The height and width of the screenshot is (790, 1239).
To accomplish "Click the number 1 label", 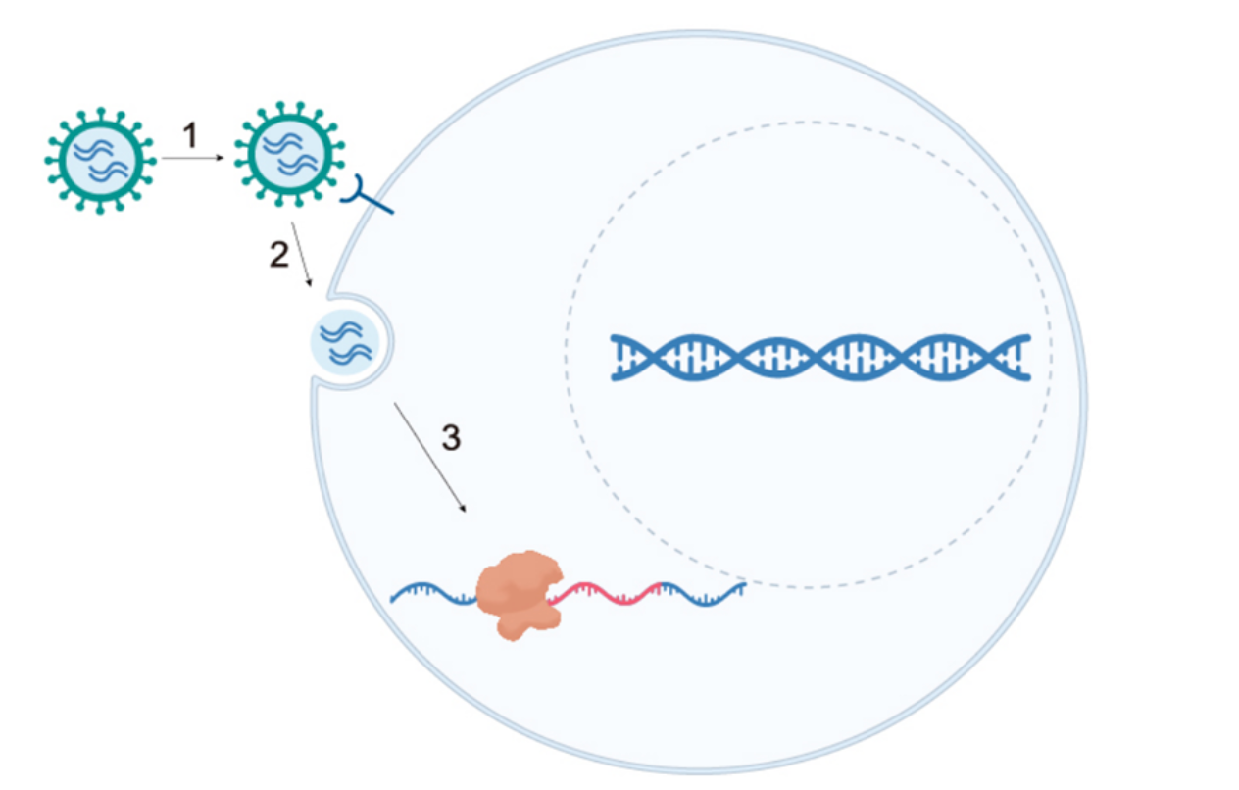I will pos(191,134).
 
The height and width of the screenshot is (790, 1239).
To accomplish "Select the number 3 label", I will pos(450,438).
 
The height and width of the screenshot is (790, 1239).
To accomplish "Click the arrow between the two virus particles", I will pos(197,157).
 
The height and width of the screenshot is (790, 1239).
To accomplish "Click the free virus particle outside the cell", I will pos(100,160).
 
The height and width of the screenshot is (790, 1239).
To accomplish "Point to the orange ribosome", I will pos(517,593).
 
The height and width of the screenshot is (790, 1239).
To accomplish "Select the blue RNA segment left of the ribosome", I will pos(431,592).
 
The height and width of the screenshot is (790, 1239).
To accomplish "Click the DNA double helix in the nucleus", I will pos(819,357).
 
